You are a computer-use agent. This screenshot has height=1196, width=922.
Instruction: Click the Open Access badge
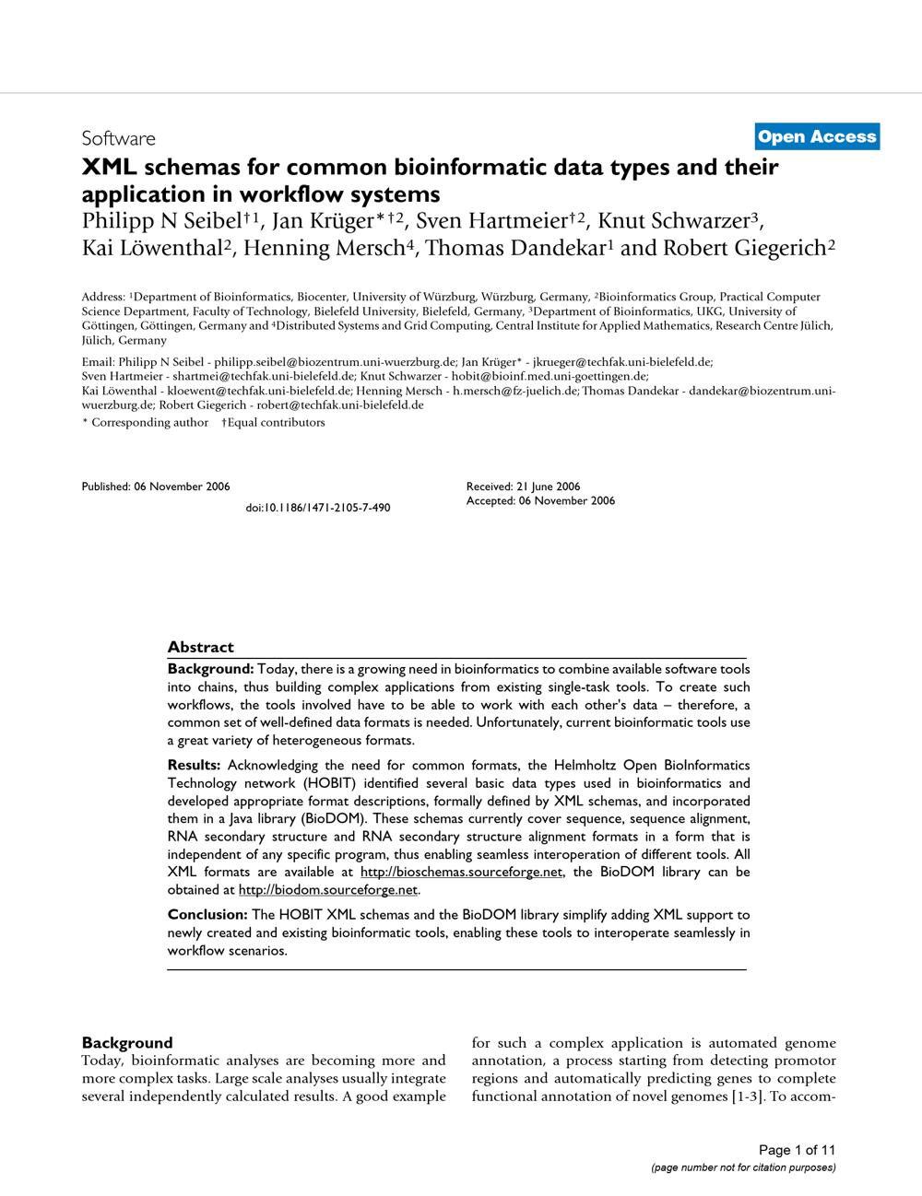816,137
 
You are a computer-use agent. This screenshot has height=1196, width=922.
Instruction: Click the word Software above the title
118,139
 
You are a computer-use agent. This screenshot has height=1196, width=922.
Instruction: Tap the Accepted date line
540,501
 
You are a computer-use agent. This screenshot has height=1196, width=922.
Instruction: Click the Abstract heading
201,647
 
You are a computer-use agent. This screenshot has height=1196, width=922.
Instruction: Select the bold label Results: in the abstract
195,765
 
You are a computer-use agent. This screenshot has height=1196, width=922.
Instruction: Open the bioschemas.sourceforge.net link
461,872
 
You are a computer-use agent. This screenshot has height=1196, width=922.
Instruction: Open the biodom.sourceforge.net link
328,890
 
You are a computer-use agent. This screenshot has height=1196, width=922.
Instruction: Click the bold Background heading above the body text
127,1043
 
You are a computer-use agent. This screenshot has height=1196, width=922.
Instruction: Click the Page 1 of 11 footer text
797,1150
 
